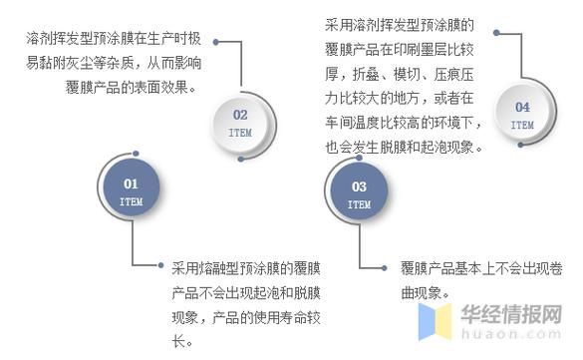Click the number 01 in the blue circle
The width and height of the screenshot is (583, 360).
click(131, 184)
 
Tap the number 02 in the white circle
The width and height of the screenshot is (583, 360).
click(240, 115)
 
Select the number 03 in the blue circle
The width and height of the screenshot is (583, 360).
click(359, 186)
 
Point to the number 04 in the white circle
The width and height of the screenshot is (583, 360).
click(522, 108)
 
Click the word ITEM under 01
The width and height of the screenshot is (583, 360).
click(131, 200)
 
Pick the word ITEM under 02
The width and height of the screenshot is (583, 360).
click(240, 132)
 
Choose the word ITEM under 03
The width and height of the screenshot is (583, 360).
click(359, 203)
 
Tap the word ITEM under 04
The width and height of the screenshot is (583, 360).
click(522, 125)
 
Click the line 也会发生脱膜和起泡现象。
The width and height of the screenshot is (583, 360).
click(404, 147)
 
